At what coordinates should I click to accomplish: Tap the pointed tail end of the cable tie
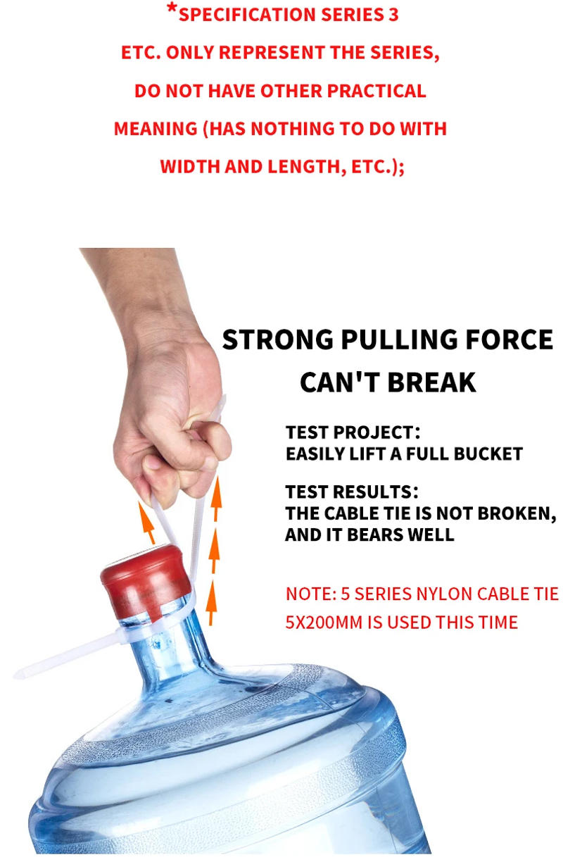click(x=15, y=675)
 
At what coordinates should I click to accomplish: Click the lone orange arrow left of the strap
click(x=146, y=521)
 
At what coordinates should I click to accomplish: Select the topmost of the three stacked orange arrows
click(x=216, y=499)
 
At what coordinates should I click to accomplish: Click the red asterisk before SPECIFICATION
click(x=172, y=10)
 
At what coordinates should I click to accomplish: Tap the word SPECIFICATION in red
click(x=247, y=15)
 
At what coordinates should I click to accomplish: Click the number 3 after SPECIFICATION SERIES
click(x=393, y=15)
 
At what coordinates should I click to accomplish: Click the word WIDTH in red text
click(x=190, y=167)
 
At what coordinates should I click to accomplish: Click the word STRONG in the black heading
click(x=278, y=339)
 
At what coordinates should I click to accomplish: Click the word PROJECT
click(x=377, y=432)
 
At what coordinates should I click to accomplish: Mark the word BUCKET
click(x=488, y=454)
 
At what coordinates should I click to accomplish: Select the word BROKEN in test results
click(x=517, y=513)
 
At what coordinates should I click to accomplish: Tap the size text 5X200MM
click(x=324, y=623)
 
